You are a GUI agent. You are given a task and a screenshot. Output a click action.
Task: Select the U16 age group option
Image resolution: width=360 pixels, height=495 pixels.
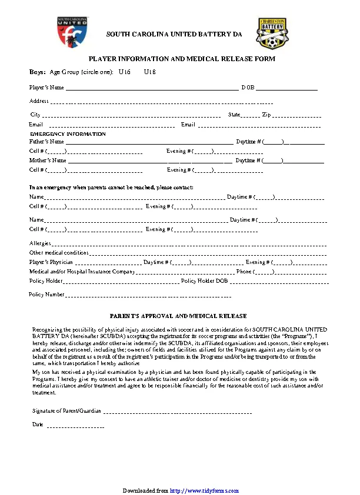(124, 72)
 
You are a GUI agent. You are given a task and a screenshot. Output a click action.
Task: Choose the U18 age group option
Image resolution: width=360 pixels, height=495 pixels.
(150, 72)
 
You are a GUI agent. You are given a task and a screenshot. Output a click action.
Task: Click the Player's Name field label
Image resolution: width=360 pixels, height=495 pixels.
(46, 88)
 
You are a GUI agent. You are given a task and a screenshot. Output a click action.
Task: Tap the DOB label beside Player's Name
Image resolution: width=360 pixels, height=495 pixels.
(247, 88)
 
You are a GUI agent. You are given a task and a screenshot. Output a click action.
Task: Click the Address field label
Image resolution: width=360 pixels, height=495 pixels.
(39, 101)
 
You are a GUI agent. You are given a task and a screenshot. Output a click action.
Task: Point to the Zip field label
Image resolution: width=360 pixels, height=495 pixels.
(266, 115)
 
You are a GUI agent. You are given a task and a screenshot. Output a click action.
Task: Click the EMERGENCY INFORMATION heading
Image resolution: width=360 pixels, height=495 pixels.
(68, 134)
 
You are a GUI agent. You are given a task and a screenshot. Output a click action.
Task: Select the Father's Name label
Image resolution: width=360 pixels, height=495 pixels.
(46, 142)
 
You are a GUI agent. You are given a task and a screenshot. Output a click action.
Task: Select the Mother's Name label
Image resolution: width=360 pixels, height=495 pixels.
(48, 160)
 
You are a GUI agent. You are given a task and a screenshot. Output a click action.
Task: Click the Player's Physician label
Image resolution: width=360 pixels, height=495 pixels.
(51, 262)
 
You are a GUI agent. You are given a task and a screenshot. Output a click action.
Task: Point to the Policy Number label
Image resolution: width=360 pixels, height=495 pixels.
(46, 295)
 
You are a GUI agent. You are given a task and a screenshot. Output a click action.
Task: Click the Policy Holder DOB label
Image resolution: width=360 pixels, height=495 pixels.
(204, 282)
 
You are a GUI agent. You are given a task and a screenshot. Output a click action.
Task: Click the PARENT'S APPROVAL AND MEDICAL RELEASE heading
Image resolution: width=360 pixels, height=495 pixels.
(179, 316)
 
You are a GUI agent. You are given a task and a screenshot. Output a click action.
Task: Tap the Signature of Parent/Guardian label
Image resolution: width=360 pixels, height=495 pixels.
(66, 410)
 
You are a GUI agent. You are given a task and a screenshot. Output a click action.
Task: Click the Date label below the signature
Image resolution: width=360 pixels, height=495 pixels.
(38, 424)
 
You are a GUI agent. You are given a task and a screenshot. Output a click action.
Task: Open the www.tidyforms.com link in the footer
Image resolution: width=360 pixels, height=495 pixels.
(204, 490)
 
